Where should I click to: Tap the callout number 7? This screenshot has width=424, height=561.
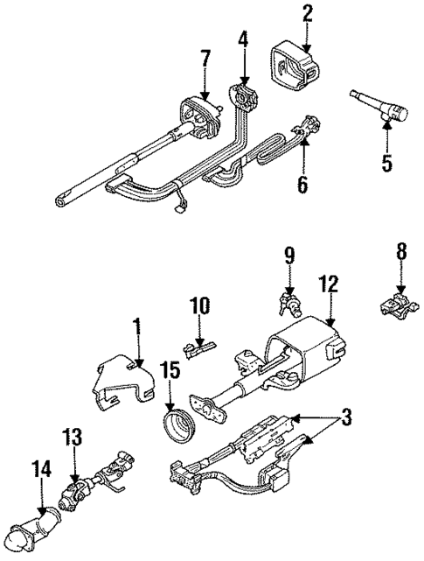[205, 60]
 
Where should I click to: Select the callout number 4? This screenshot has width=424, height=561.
[243, 39]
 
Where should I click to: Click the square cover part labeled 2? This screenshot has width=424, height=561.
[294, 60]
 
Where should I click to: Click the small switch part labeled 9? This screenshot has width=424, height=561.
[290, 305]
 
